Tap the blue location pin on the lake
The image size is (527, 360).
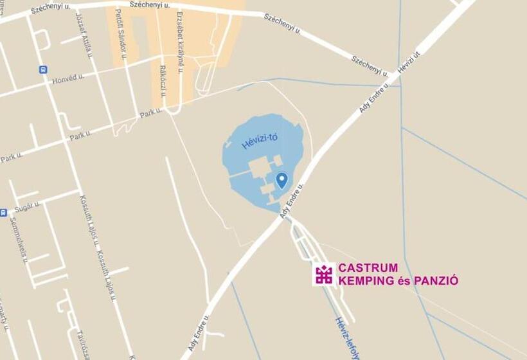coord(281,180)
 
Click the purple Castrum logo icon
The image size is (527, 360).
coord(324,274)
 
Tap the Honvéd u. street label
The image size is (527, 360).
coord(68,78)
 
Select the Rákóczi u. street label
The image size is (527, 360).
coord(163,80)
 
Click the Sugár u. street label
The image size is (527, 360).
coord(28,206)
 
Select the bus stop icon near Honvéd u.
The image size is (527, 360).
coord(43,69)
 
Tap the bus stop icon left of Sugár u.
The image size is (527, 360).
coord(3,212)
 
